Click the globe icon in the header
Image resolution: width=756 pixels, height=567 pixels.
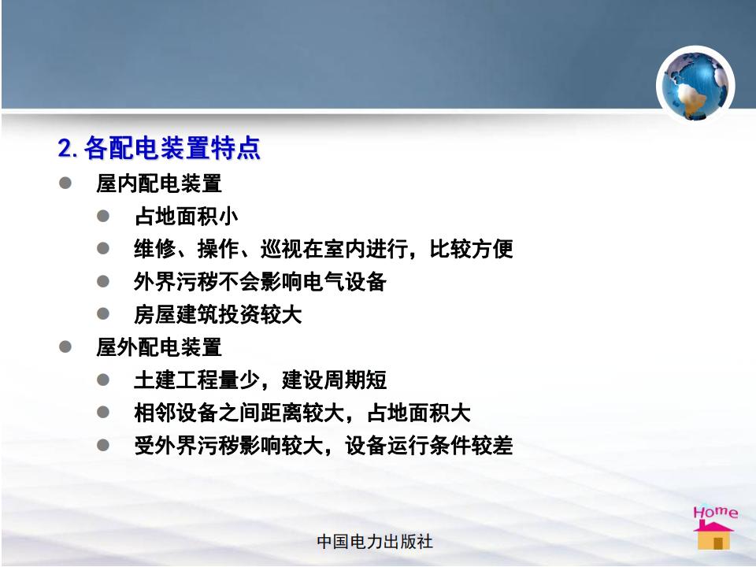[695, 85]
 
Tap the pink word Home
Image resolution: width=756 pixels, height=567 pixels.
[716, 512]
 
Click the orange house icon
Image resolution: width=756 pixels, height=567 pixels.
[713, 535]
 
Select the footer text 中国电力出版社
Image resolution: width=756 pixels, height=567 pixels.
[375, 542]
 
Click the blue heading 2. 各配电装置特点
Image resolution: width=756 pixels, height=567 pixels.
[159, 147]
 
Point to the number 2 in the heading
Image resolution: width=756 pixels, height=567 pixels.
[65, 148]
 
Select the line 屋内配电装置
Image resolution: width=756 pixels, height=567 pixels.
[158, 183]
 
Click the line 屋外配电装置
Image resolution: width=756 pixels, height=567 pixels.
[158, 347]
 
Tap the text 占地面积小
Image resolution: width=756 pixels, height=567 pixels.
[186, 216]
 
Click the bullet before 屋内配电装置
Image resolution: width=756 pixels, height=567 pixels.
[65, 183]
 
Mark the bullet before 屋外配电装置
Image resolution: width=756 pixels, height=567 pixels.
[65, 347]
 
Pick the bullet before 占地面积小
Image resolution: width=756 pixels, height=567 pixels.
[102, 216]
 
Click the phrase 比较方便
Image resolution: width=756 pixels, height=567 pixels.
[471, 249]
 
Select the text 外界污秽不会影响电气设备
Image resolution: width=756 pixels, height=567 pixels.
[261, 282]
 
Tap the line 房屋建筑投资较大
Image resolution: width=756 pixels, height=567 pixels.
[218, 314]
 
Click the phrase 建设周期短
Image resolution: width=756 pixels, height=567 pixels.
[334, 380]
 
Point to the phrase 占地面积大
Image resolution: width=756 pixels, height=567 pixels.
[418, 413]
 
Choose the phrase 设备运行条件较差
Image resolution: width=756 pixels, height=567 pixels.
[428, 446]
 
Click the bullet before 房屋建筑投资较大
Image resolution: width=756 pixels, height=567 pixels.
[102, 314]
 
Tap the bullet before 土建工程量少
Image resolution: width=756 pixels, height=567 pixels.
[102, 380]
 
